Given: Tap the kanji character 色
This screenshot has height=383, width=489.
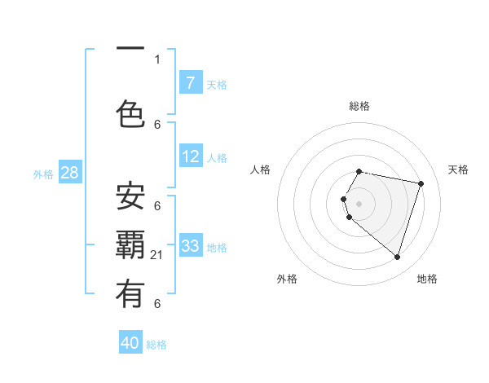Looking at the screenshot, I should click(x=130, y=112).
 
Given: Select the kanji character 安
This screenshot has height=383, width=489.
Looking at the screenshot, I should click(x=130, y=196).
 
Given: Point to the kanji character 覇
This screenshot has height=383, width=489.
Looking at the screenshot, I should click(x=130, y=245).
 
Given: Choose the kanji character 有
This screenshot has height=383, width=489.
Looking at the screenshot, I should click(x=130, y=293).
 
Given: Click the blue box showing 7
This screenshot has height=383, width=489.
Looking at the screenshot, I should click(x=190, y=83).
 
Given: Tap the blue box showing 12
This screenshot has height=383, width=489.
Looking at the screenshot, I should click(x=190, y=157).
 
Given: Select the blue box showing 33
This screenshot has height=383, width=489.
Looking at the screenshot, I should click(x=190, y=246).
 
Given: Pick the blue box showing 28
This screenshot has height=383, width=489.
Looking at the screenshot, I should click(x=69, y=173).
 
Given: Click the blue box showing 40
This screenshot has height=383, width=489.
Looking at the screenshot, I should click(x=130, y=343).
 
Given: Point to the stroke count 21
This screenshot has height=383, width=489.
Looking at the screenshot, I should click(x=157, y=255).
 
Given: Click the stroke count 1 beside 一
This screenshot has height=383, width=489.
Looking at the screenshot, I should click(x=157, y=59).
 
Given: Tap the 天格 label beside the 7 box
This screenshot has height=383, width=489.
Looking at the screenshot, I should click(x=216, y=84).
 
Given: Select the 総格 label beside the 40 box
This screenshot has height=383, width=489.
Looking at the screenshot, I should click(x=156, y=345).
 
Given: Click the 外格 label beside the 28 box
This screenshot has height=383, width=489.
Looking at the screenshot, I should click(x=43, y=174).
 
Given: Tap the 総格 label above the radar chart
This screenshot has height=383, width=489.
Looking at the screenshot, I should click(x=359, y=106).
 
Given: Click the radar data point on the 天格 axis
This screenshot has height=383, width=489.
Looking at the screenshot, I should click(x=421, y=183).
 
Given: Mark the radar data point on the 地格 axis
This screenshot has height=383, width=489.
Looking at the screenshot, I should click(x=397, y=257).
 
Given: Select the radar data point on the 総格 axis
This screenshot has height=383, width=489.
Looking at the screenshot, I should click(x=359, y=172).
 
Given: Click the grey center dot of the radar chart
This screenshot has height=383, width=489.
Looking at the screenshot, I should click(x=359, y=203).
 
